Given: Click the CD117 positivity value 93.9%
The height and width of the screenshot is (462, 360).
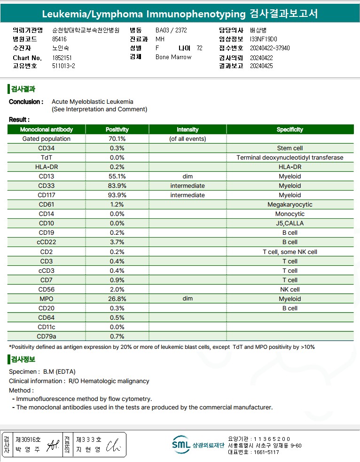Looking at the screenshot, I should click(x=117, y=195).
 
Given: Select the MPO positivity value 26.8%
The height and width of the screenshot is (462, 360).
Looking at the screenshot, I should click(x=117, y=299).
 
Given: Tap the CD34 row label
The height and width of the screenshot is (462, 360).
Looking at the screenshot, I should click(x=46, y=148).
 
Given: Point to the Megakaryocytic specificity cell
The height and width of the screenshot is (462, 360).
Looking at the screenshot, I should click(x=290, y=205).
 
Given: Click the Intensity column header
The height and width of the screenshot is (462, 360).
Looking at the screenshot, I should click(x=188, y=130).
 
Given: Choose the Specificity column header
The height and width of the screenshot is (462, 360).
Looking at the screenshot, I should click(x=290, y=130).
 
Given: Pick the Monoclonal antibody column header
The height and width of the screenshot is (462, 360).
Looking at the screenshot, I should click(x=46, y=130).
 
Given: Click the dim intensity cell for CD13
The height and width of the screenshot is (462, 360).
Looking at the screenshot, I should click(x=188, y=177).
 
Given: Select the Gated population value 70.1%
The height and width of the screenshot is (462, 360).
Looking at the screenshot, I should click(x=117, y=139).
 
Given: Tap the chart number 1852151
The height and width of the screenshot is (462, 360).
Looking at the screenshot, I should click(x=62, y=58).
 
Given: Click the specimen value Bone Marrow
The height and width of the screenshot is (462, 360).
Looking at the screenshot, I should click(x=173, y=57).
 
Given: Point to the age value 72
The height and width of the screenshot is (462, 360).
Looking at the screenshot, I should click(x=200, y=48).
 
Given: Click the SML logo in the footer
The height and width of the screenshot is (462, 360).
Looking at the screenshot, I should click(x=181, y=444).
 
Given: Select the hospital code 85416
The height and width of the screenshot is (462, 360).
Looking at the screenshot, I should click(x=60, y=39).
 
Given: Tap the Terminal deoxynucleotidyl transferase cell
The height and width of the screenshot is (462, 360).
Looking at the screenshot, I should click(x=290, y=158).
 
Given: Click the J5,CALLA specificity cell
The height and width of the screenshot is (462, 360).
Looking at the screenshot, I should click(x=290, y=223).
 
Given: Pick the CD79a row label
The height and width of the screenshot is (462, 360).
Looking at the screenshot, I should click(x=46, y=337).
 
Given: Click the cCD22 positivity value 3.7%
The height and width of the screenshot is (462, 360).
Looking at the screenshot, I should click(x=117, y=242).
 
